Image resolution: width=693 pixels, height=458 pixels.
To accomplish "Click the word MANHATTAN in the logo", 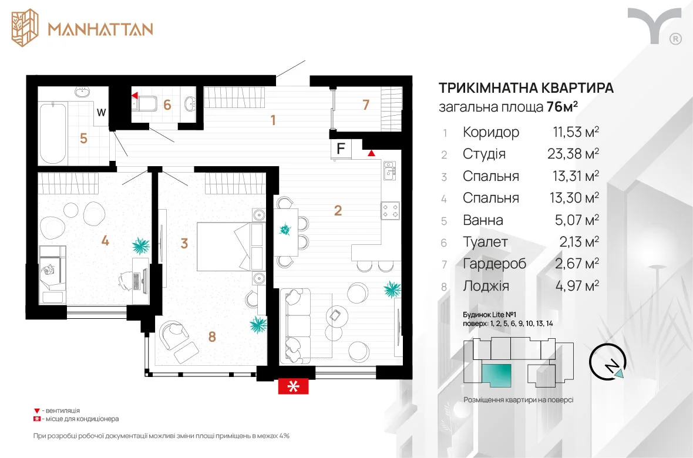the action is (x=100, y=29).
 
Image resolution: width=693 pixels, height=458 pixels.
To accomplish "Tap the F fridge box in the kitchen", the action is (x=341, y=149).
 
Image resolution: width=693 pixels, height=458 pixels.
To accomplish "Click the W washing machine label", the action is (x=101, y=112).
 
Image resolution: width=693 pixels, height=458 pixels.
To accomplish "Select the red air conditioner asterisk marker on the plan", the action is (x=293, y=386).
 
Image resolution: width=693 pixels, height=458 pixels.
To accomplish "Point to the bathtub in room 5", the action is (x=53, y=133).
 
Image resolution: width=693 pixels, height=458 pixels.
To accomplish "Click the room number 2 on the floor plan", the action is (x=338, y=210).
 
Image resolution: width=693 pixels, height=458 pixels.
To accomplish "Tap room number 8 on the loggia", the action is (x=212, y=337).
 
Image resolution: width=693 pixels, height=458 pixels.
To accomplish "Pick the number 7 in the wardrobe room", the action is (x=365, y=105).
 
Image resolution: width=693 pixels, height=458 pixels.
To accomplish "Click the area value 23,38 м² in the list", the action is (x=573, y=153).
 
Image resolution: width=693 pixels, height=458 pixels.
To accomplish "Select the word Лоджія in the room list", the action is (x=486, y=285).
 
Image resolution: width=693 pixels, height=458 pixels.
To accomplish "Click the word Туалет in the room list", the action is (x=485, y=241).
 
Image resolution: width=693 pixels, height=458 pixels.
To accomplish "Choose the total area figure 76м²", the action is (x=563, y=106).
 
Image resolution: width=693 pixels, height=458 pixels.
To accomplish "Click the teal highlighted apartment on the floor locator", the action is (x=497, y=375).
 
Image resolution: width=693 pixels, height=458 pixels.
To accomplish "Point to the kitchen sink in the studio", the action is (x=389, y=171).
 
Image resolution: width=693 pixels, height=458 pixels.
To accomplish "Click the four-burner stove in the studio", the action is (x=391, y=210).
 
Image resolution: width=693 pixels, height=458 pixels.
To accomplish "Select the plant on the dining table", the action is (x=285, y=230).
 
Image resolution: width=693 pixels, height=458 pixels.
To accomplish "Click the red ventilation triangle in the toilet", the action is (x=134, y=95).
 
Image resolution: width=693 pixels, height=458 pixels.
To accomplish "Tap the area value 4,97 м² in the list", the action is (x=577, y=285).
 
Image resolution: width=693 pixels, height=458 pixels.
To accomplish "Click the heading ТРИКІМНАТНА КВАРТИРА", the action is (x=526, y=87).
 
